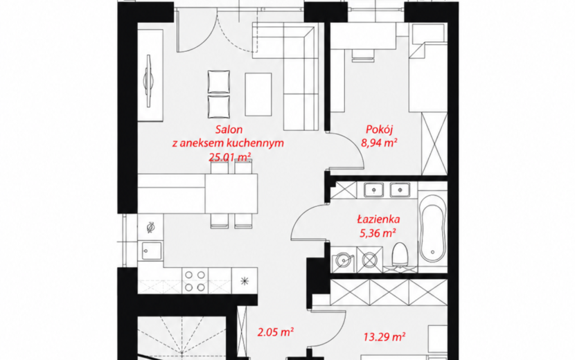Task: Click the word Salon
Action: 229,129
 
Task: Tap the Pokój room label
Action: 379,129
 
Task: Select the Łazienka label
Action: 378,219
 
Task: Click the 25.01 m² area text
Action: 230,157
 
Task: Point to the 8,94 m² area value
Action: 379,143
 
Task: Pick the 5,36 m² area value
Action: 378,233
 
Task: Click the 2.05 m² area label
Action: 276,332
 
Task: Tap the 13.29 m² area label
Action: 384,336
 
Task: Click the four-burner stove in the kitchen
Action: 195,281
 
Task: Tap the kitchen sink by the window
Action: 151,251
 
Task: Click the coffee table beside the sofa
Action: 258,95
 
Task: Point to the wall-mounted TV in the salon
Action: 148,81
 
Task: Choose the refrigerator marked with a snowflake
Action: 245,281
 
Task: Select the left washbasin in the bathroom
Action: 373,190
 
